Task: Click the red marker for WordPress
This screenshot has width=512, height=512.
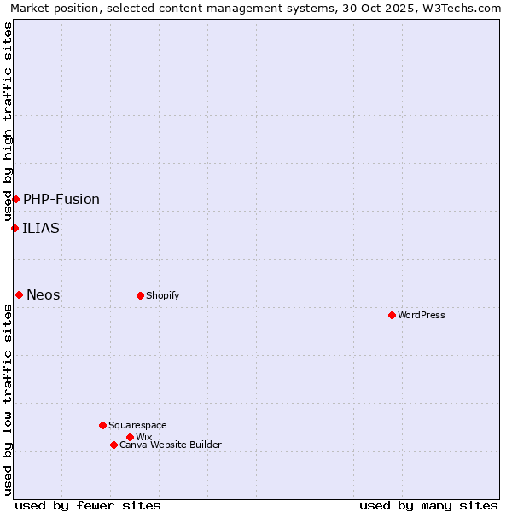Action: (392, 315)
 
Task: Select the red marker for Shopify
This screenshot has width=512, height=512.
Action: (140, 295)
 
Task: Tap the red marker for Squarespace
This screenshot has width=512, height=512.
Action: (102, 425)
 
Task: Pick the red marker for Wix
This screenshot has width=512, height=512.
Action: (130, 437)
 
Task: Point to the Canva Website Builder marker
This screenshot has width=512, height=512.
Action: (113, 445)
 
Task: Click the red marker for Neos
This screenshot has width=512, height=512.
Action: (19, 294)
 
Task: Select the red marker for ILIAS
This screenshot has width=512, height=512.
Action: (15, 228)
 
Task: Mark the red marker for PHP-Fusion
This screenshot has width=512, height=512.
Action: (15, 199)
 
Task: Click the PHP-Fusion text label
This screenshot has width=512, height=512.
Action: (61, 200)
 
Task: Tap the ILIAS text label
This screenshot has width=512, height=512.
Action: (41, 228)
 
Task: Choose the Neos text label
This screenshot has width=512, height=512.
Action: (44, 295)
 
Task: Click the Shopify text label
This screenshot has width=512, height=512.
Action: (162, 296)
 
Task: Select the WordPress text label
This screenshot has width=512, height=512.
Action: (422, 316)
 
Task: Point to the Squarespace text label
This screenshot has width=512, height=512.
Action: (137, 426)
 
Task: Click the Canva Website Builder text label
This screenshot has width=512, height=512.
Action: (171, 445)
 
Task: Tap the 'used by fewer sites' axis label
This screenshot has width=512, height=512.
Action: (88, 506)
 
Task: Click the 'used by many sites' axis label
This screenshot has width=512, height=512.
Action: (428, 506)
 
